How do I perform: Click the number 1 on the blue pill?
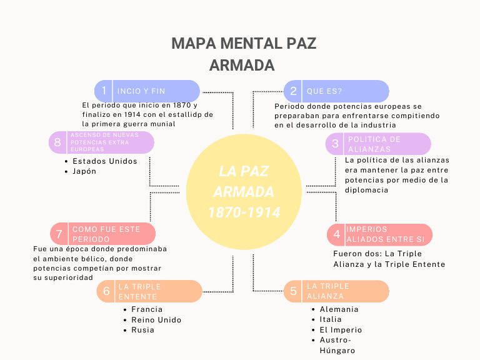(104, 91)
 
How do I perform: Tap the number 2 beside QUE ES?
(293, 91)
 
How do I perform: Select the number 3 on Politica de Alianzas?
(335, 144)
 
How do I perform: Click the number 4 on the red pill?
(337, 234)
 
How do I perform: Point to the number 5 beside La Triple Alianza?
(293, 291)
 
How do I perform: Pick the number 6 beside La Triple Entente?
(106, 291)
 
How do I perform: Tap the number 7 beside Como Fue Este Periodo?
(59, 234)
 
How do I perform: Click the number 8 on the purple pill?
(57, 142)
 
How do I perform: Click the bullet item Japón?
(84, 171)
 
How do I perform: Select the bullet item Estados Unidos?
(104, 161)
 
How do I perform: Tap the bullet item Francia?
(147, 309)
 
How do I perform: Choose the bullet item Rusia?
(142, 330)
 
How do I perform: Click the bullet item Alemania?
(339, 309)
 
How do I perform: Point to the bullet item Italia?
(331, 319)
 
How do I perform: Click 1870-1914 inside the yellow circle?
(244, 212)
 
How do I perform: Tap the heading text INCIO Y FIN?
(141, 91)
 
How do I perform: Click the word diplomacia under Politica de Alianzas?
(367, 190)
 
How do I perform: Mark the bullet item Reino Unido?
(156, 320)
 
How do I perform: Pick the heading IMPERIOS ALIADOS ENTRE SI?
(385, 234)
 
